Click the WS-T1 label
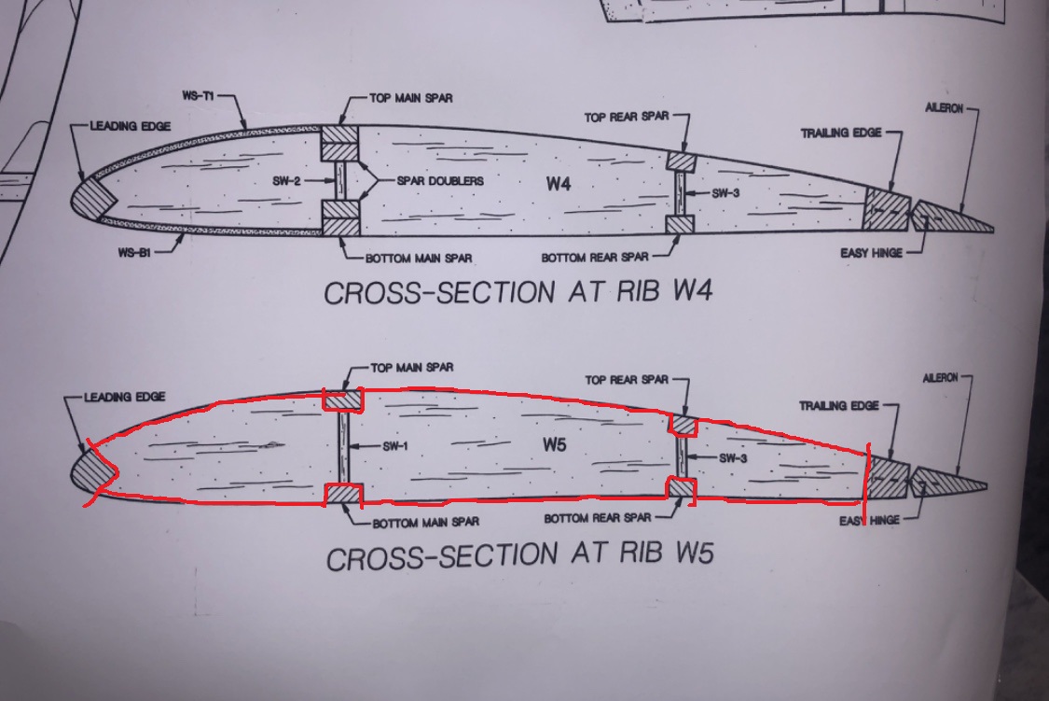[x=200, y=96]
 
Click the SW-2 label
[x=288, y=181]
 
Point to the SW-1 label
[x=394, y=446]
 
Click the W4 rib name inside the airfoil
[x=559, y=183]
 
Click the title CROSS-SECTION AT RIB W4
[x=518, y=292]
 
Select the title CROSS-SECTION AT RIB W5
[x=519, y=556]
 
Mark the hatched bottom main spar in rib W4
[x=339, y=224]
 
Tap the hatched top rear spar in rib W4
[x=681, y=161]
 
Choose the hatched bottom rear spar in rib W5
[x=682, y=488]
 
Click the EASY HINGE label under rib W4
[x=872, y=253]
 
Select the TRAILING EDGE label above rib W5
[x=839, y=406]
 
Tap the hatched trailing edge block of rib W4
[x=886, y=211]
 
